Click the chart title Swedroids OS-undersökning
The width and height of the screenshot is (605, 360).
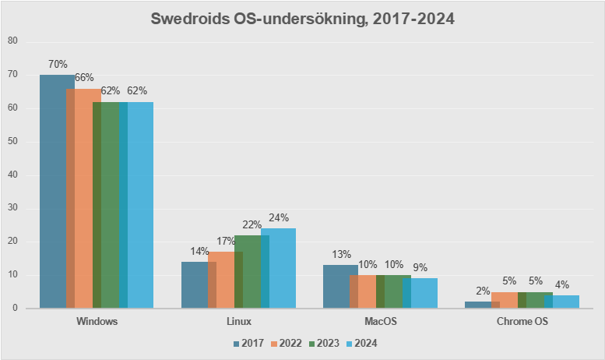point(302,18)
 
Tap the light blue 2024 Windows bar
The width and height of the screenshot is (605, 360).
point(140,204)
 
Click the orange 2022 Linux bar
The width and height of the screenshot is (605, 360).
point(221,279)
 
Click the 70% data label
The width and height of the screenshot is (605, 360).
point(58,64)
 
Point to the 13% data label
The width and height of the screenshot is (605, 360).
point(341,254)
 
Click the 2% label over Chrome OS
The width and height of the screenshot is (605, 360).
point(483,291)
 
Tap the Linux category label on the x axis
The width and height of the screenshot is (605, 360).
point(238,321)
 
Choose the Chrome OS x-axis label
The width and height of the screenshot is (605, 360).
point(522,321)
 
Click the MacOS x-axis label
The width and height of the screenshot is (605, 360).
point(380,321)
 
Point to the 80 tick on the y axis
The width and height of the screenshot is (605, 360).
point(12,41)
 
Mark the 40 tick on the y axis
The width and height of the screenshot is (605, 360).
point(12,175)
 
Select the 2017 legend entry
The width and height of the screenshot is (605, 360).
point(249,343)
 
